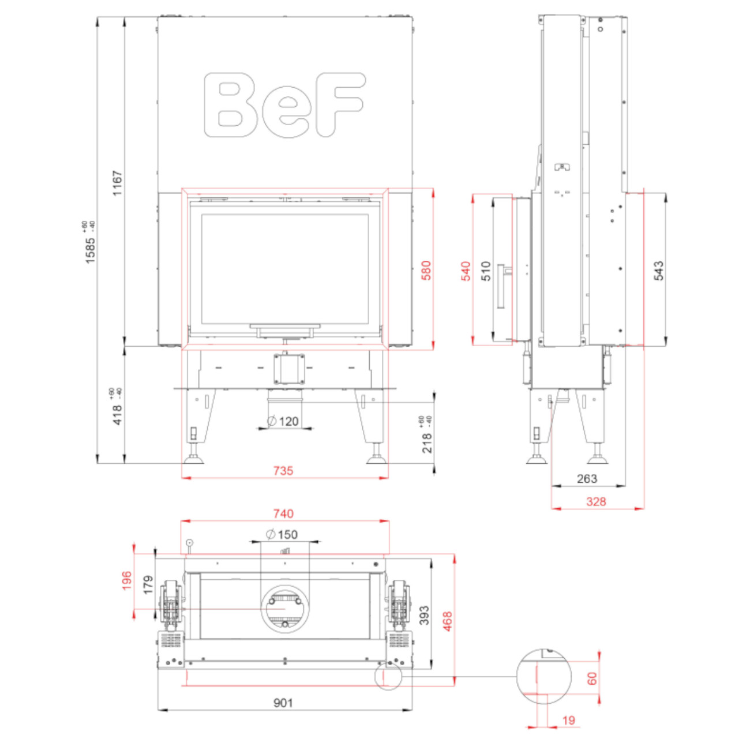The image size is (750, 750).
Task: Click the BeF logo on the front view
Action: [284, 105]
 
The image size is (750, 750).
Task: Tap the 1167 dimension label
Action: [118, 183]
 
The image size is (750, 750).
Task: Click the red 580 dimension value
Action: [426, 271]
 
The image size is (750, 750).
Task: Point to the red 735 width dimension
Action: [283, 471]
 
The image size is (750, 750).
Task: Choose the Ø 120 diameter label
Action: [283, 421]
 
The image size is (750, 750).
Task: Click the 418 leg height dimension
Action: [118, 414]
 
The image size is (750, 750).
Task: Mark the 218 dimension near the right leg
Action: [426, 442]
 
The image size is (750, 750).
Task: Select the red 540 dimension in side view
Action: [466, 271]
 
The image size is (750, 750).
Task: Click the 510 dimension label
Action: [486, 271]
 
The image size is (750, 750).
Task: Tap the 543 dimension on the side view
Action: [658, 271]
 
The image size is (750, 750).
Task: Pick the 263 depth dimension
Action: [587, 479]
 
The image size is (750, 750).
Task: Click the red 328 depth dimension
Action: [596, 501]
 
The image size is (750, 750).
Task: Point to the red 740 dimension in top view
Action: [283, 513]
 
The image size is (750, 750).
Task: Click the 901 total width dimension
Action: [283, 703]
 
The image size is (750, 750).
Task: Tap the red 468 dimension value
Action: [448, 621]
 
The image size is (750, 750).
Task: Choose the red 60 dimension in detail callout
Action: [592, 678]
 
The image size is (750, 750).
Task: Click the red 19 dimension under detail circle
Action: [568, 721]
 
